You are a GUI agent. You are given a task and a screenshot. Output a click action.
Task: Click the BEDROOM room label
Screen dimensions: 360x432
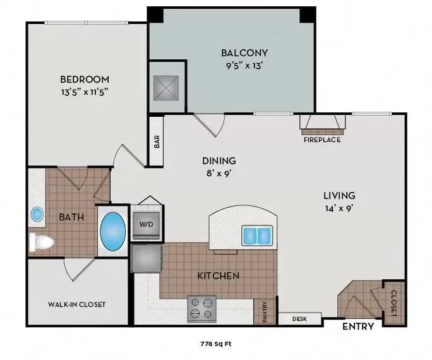[85, 80]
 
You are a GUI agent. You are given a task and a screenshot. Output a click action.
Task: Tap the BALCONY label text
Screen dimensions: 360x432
[244, 53]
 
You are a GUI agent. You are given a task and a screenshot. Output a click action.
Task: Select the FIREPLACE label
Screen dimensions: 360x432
[321, 140]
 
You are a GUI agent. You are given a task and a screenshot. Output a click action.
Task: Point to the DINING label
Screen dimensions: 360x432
[219, 160]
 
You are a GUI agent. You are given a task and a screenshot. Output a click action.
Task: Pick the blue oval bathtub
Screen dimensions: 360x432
[113, 231]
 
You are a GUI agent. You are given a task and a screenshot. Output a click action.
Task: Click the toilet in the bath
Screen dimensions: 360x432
[42, 241]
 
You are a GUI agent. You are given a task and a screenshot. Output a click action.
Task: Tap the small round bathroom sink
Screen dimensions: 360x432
[37, 215]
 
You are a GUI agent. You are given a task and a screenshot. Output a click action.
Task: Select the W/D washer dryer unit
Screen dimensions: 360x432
[147, 224]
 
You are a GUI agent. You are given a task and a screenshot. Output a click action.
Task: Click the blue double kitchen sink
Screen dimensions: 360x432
[257, 236]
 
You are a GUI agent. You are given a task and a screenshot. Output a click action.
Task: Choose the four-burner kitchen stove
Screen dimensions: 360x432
[201, 308]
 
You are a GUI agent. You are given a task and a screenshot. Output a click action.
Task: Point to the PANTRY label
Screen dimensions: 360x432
[265, 312]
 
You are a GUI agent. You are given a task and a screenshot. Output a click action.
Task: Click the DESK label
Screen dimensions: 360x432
[299, 319]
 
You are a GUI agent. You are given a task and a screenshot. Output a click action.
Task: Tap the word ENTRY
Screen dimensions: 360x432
[358, 327]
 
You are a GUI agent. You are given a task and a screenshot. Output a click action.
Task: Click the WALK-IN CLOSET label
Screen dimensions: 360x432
[77, 304]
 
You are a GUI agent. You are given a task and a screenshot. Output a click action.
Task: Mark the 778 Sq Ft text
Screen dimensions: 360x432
[215, 344]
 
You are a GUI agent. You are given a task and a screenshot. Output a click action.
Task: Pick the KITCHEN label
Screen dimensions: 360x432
[219, 276]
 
